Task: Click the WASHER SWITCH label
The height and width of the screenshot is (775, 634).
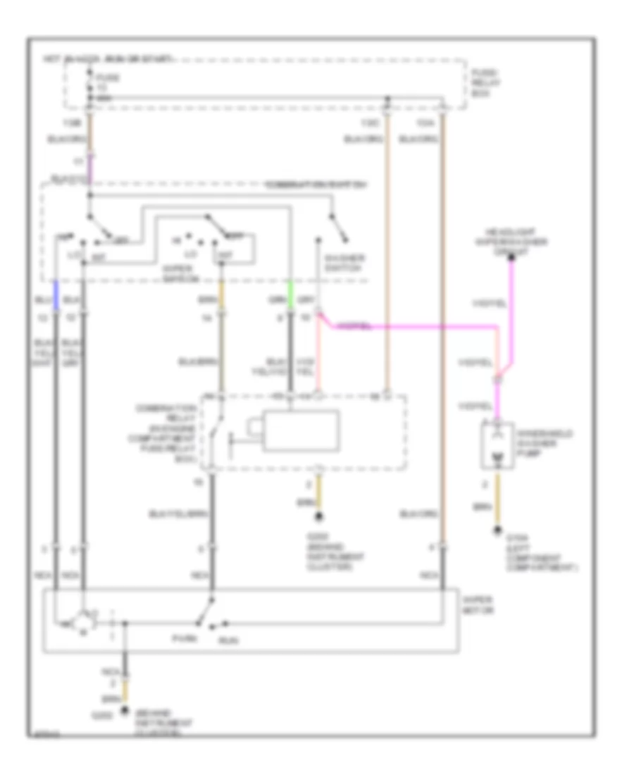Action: (x=344, y=263)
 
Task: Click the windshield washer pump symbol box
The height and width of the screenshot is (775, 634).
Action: (x=498, y=446)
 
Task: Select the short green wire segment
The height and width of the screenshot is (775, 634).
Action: (x=290, y=291)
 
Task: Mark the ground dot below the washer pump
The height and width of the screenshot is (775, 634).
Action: (x=498, y=531)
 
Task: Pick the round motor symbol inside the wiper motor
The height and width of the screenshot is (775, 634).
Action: (x=85, y=622)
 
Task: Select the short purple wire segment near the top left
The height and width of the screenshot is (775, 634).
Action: (x=89, y=168)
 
